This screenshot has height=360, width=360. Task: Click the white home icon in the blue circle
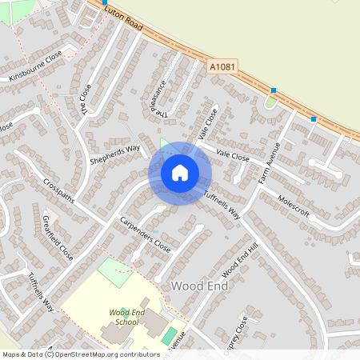pyautogui.click(x=180, y=172)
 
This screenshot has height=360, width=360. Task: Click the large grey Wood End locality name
pyautogui.click(x=195, y=286)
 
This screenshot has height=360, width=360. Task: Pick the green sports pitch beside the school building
pyautogui.click(x=169, y=335)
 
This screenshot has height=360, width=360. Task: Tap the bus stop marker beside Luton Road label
pyautogui.click(x=105, y=2)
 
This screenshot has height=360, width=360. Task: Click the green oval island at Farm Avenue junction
pyautogui.click(x=270, y=102)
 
